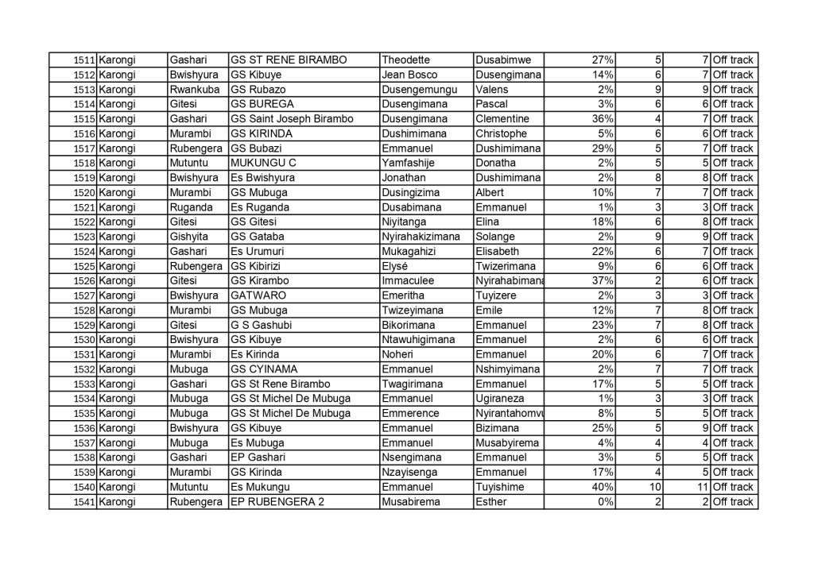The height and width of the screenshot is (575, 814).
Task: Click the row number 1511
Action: point(84,60)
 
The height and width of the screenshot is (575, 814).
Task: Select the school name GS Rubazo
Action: point(258,90)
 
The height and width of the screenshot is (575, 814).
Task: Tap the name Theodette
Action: point(409,60)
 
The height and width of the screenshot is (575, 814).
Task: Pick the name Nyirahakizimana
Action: point(421,237)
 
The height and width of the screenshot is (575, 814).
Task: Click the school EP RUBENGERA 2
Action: point(276,502)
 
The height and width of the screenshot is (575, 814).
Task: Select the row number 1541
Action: point(84,502)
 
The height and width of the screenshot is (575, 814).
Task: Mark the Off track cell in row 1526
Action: point(733,280)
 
